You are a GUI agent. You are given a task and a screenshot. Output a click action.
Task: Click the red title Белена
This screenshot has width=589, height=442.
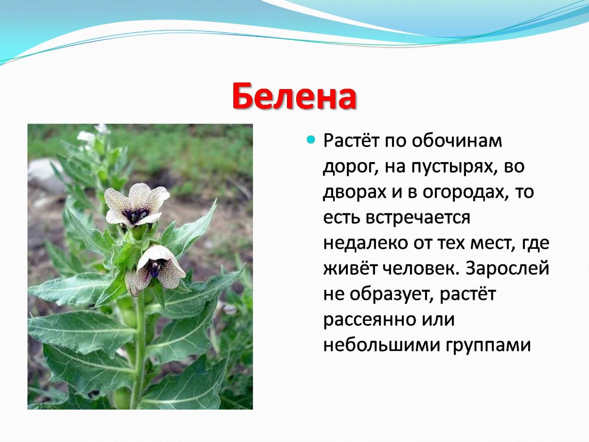[x=294, y=97]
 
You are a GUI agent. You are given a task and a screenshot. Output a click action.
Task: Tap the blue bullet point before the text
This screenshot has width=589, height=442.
[x=310, y=139]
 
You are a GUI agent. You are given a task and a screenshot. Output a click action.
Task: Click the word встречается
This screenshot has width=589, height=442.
[x=421, y=218]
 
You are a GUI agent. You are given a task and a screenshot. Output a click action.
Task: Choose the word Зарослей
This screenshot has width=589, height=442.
[x=507, y=269]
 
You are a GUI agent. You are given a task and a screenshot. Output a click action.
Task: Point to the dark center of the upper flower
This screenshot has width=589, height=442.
[x=136, y=215]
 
